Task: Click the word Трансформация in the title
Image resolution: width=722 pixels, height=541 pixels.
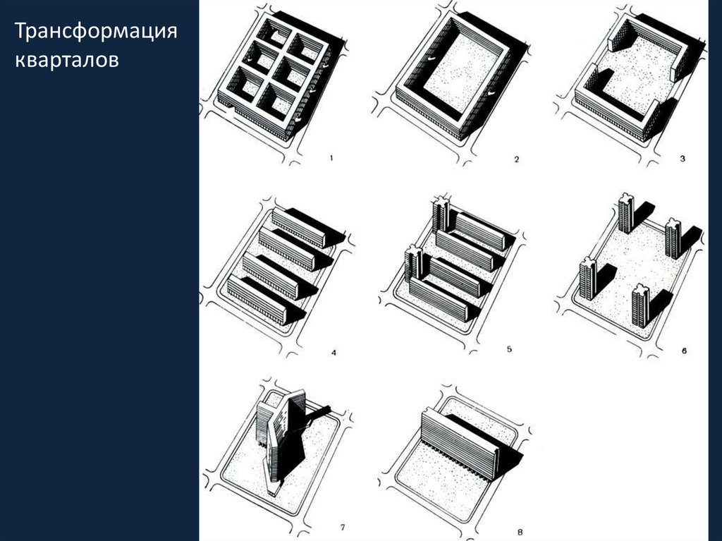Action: pos(96,32)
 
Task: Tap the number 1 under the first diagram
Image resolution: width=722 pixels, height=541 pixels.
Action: pos(331,159)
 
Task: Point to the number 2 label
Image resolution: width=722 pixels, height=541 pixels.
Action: pos(516,159)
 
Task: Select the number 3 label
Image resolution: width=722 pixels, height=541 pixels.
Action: pos(683,159)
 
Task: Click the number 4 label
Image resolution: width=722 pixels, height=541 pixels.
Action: pos(334,353)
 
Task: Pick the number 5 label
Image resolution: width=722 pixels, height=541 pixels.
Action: pos(509,349)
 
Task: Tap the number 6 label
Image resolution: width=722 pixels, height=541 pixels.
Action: pos(684,351)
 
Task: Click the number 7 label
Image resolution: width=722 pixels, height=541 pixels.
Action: pos(342,528)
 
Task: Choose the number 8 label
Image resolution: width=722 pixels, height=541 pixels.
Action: pos(520,533)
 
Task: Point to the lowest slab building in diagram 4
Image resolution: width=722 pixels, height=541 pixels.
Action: pos(259,300)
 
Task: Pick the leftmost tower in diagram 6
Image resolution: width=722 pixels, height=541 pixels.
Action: pos(588,278)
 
